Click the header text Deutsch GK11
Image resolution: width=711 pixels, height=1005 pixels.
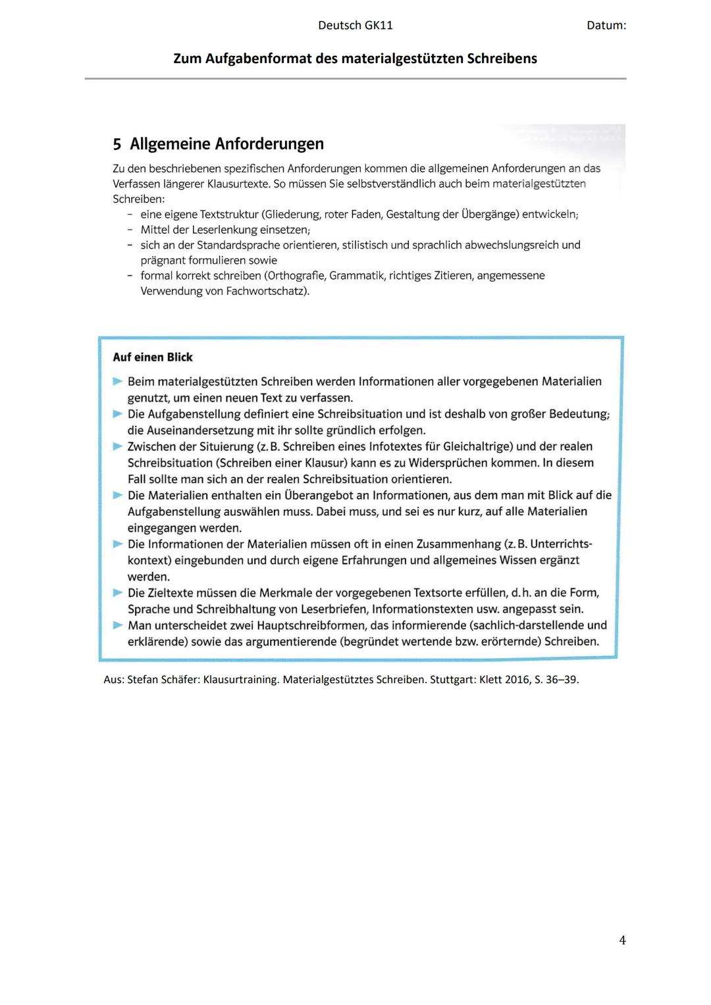tap(355, 26)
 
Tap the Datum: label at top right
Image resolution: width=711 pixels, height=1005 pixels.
tap(606, 26)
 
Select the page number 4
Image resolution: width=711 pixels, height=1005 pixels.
tap(622, 940)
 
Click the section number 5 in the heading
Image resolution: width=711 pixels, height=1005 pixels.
tap(117, 144)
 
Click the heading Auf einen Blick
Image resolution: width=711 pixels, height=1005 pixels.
tap(153, 357)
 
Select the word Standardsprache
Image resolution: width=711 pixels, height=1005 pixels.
tap(238, 245)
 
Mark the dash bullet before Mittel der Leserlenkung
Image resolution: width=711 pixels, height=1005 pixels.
tap(130, 230)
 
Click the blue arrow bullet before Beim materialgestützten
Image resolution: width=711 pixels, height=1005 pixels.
tap(118, 381)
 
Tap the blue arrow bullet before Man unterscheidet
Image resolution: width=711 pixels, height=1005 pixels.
tap(118, 625)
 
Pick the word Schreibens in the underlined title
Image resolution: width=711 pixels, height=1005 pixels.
tap(502, 59)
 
